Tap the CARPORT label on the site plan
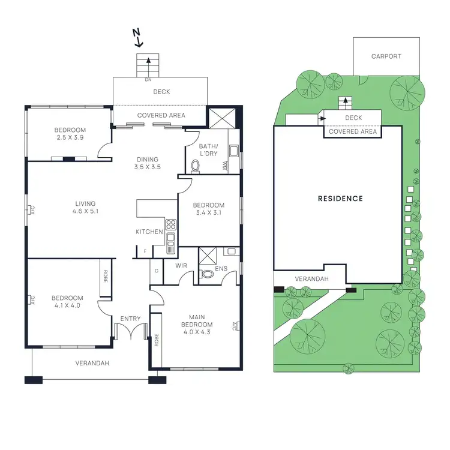click(x=386, y=56)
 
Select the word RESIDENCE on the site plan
click(x=340, y=199)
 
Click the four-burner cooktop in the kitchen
click(x=170, y=226)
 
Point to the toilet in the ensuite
click(x=207, y=274)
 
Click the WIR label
click(x=182, y=265)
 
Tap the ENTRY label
click(x=130, y=319)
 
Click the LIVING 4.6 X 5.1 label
click(x=84, y=208)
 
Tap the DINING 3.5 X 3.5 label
click(x=147, y=163)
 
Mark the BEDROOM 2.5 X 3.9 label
click(x=70, y=134)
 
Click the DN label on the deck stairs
click(x=147, y=79)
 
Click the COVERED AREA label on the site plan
click(x=353, y=131)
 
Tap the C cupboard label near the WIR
click(x=156, y=271)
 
